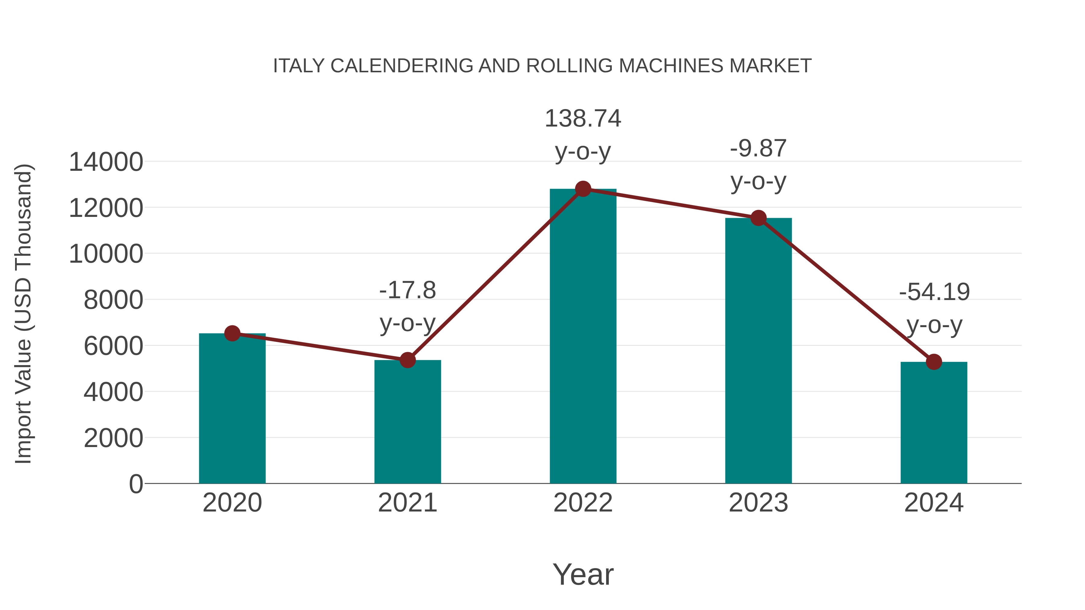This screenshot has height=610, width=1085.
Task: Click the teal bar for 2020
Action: [232, 408]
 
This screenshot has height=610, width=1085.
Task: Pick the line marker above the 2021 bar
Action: [407, 360]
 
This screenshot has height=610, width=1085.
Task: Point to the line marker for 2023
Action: [758, 218]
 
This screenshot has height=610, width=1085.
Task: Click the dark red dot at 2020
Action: [232, 333]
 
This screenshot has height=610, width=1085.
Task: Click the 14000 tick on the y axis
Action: [106, 162]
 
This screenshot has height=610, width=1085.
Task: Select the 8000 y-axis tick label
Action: [113, 300]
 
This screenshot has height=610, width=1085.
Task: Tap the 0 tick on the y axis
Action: [136, 484]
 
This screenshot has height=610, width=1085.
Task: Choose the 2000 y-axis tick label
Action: [113, 438]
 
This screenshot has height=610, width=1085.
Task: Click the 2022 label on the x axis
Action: [583, 503]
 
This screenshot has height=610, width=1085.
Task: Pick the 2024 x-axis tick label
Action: [934, 503]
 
